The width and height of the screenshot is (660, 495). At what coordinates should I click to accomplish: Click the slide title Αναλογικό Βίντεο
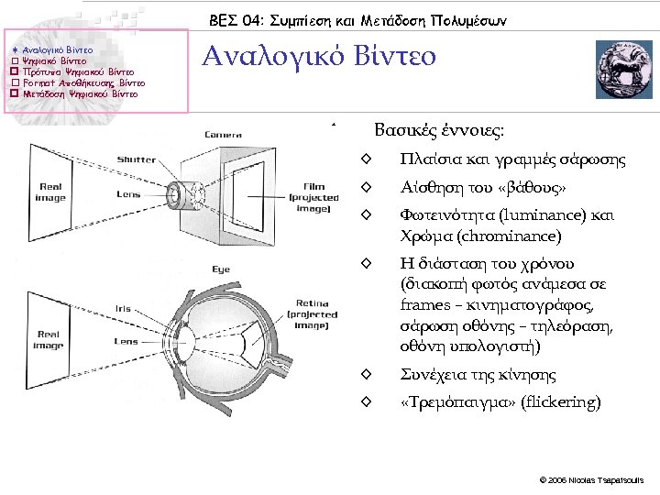pyautogui.click(x=319, y=58)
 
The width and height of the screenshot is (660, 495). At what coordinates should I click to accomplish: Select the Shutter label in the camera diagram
pyautogui.click(x=137, y=159)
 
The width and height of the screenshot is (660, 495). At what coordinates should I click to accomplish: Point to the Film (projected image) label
pyautogui.click(x=313, y=197)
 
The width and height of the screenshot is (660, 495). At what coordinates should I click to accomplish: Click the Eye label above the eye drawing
pyautogui.click(x=221, y=269)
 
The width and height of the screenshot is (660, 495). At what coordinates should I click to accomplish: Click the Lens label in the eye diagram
pyautogui.click(x=126, y=341)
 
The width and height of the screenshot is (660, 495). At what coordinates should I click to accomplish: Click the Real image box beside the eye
pyautogui.click(x=48, y=340)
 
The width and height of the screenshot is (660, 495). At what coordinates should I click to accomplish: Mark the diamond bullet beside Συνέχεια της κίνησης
pyautogui.click(x=366, y=375)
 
